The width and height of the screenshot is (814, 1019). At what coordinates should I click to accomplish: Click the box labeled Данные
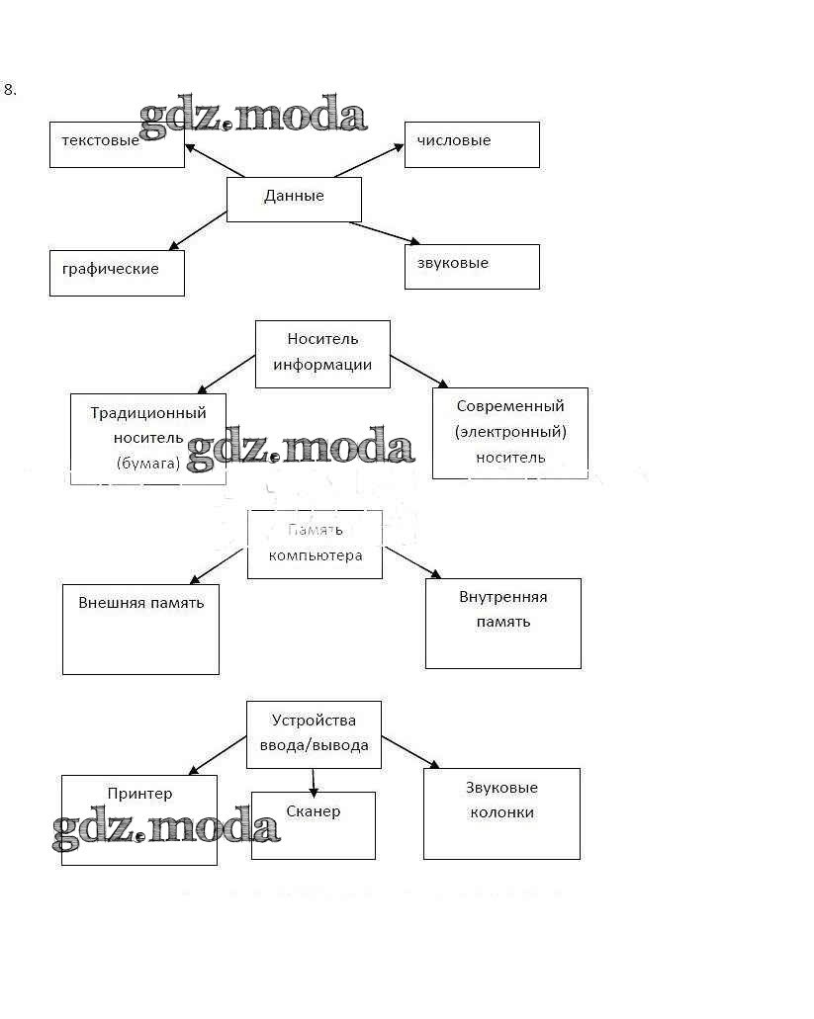pos(294,198)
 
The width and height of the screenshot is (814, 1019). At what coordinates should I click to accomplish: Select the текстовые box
pos(117,145)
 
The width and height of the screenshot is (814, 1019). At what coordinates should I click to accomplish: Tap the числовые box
pos(472,144)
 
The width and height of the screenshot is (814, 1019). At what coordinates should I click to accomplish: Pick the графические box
pos(117,273)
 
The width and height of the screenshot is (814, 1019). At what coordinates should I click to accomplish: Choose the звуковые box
pos(472,266)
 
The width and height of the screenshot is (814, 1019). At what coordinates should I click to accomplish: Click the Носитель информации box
pos(322,353)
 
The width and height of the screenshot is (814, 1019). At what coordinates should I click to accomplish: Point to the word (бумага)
pos(148,462)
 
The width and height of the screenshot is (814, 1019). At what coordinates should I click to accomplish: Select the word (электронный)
pos(510,431)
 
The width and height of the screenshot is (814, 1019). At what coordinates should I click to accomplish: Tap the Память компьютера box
pos(315,545)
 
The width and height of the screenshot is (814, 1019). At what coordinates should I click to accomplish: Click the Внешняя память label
pos(141,602)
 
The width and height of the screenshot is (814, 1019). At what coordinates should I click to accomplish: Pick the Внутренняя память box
pos(502,623)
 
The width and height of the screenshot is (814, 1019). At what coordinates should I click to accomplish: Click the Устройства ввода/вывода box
pos(314,734)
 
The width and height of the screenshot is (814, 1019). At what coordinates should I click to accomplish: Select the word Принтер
pos(139,794)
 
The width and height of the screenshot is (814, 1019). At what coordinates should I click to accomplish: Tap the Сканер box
pos(313,824)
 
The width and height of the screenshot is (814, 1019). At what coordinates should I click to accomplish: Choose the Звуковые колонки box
pos(501,812)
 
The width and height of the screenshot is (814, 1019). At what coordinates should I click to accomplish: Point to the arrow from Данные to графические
pos(198,230)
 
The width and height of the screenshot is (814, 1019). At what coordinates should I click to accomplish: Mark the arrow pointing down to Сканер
pos(314,781)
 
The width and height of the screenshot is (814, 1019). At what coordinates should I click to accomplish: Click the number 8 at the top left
pos(10,89)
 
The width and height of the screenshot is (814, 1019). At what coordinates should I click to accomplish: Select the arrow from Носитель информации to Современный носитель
pos(420,371)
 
